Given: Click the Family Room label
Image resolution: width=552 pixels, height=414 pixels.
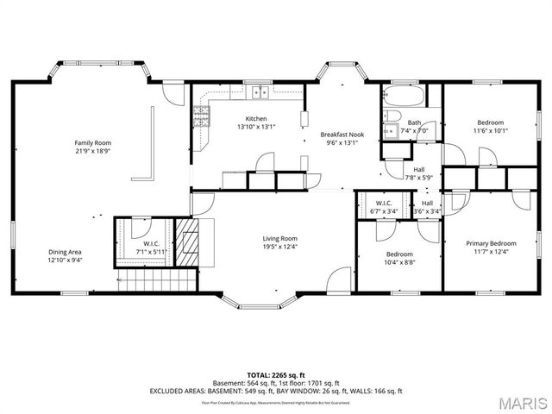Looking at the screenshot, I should click(92, 142).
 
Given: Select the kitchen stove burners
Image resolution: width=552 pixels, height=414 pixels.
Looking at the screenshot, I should click(203, 114).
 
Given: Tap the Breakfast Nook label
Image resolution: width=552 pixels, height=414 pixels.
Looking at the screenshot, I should click(342, 135).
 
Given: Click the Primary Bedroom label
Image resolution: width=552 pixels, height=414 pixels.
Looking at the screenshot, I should click(491, 243).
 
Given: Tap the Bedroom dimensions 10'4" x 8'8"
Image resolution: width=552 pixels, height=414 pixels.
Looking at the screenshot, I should click(398, 263).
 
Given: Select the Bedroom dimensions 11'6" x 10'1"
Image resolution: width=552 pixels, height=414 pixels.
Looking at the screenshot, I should click(491, 131).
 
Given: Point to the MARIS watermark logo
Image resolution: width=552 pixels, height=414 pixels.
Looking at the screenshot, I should click(520, 403).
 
